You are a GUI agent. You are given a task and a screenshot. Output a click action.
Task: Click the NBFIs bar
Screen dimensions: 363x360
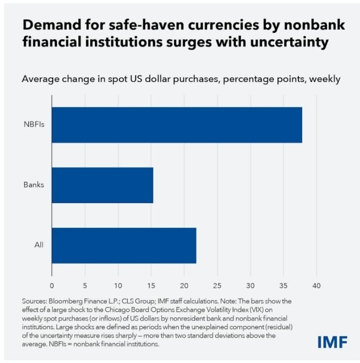tap(177, 125)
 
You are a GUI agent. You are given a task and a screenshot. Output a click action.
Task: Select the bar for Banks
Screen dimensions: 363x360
tap(102, 185)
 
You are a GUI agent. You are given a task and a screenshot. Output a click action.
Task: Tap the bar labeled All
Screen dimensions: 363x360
tap(124, 245)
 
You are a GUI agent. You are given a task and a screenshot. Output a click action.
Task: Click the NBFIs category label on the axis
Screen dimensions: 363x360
tap(34, 125)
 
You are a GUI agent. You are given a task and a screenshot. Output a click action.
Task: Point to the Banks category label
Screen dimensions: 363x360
tap(33, 185)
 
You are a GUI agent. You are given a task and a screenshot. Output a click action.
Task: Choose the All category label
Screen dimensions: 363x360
tap(39, 245)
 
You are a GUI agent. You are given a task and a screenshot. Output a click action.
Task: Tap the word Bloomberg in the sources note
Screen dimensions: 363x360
tap(66, 301)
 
